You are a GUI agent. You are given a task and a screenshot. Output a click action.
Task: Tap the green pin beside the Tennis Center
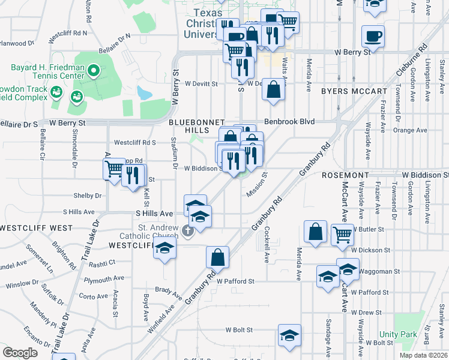click(93, 72)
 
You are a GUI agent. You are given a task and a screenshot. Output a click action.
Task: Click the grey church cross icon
click(187, 230)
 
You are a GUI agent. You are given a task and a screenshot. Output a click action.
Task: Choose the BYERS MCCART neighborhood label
click(354, 91)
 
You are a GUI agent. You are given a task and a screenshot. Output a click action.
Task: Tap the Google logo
click(20, 353)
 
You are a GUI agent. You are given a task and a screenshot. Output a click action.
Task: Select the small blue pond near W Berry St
click(144, 92)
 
